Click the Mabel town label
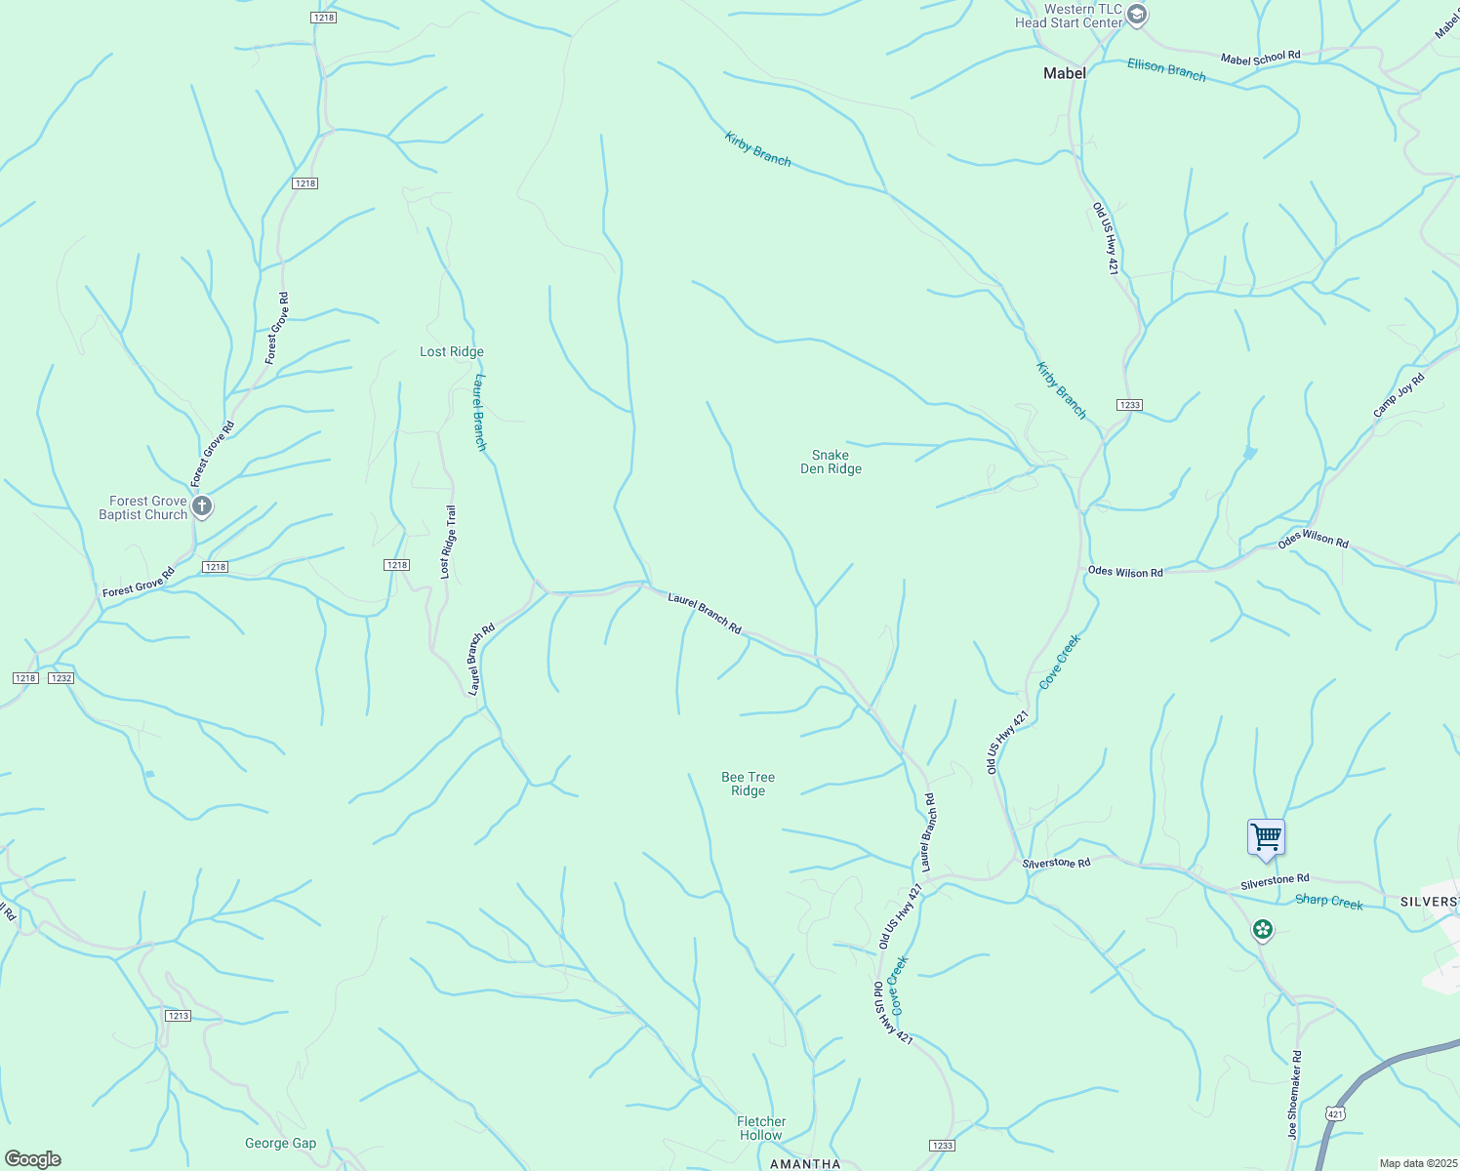pyautogui.click(x=1064, y=73)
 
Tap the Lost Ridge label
pyautogui.click(x=451, y=352)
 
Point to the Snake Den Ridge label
pyautogui.click(x=831, y=462)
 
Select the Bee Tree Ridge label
pyautogui.click(x=748, y=784)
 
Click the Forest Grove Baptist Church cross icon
pyautogui.click(x=202, y=506)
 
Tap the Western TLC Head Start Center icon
pyautogui.click(x=1136, y=16)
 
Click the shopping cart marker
pyautogui.click(x=1266, y=837)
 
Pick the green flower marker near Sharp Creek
pyautogui.click(x=1263, y=929)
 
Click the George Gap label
pyautogui.click(x=280, y=1143)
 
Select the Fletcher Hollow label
pyautogui.click(x=761, y=1128)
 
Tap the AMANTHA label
pyautogui.click(x=805, y=1163)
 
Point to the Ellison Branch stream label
pyautogui.click(x=1166, y=69)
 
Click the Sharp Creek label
pyautogui.click(x=1328, y=902)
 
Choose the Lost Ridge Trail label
pyautogui.click(x=448, y=542)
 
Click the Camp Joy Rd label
pyautogui.click(x=1399, y=395)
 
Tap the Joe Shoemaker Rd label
pyautogui.click(x=1294, y=1095)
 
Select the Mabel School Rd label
pyautogui.click(x=1260, y=59)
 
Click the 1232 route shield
pyautogui.click(x=61, y=677)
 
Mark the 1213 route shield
pyautogui.click(x=178, y=1016)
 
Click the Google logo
pyautogui.click(x=33, y=1159)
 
